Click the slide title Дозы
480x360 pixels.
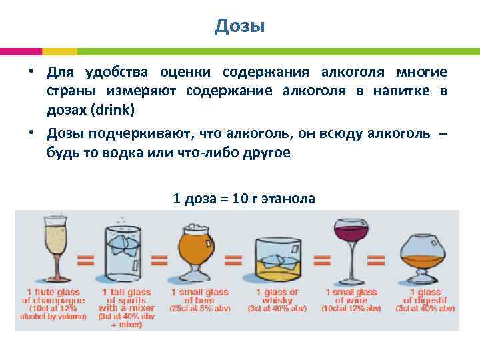(x=240, y=26)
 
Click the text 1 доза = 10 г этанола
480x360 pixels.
(x=244, y=198)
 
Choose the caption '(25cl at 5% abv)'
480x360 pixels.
(x=199, y=308)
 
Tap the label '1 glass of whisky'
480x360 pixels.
(x=277, y=296)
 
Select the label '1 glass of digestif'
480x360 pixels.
(x=425, y=296)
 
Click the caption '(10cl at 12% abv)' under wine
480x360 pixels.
(x=351, y=308)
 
